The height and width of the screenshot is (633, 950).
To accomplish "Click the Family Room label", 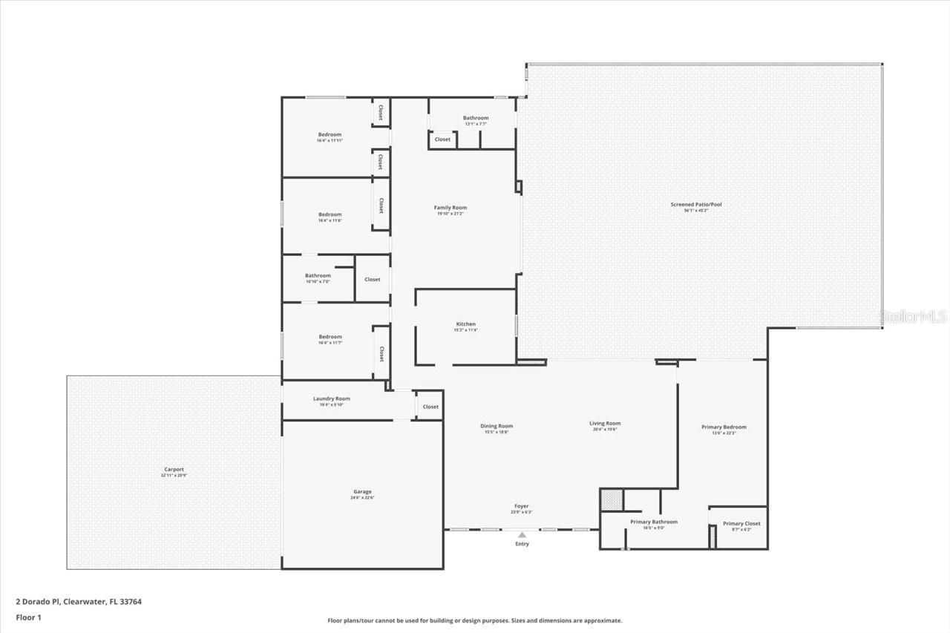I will point(451,208).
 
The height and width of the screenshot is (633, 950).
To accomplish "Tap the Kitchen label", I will point(465,324).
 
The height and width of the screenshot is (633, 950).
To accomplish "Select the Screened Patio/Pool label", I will point(695,204).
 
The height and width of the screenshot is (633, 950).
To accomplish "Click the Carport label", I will point(174,469).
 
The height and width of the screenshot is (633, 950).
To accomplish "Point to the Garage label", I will point(362,492).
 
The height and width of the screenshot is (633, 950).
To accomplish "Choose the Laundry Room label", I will point(331,399).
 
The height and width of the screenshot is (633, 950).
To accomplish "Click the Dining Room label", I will point(496,426).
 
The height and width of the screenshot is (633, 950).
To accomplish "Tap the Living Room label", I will point(605,423).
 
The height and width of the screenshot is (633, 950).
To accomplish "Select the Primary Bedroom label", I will point(724,427).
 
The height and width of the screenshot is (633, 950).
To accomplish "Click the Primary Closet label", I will point(741,523).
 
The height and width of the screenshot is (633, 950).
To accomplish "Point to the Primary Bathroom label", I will point(653,522).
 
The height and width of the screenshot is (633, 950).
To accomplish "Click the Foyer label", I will point(522,506).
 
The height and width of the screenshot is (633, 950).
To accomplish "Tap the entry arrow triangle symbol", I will point(522,534).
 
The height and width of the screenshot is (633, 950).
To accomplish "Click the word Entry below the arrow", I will point(522,544).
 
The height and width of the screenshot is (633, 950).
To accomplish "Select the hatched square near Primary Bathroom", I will point(610,499).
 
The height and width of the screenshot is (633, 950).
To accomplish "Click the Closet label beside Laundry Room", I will point(430,407).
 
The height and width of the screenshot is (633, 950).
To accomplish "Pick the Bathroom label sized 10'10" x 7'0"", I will point(318,276).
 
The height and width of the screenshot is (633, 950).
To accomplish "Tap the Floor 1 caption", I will point(29,617).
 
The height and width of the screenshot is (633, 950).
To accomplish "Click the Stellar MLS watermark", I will point(913,317).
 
